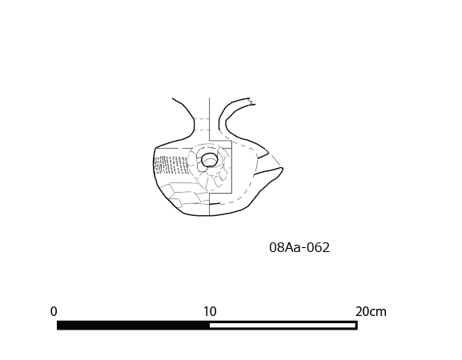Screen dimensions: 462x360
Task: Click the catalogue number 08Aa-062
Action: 299,247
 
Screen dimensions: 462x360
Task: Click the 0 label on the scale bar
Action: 54,311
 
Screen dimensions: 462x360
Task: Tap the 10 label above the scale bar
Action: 210,311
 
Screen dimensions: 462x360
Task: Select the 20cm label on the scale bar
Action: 371,311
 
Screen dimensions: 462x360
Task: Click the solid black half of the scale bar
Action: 133,326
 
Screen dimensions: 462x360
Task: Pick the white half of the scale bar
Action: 283,326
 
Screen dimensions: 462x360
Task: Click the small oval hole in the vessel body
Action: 210,160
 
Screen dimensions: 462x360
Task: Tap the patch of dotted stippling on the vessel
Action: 171,165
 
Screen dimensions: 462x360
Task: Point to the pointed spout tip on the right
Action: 283,169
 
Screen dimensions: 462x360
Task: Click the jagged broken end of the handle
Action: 252,102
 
